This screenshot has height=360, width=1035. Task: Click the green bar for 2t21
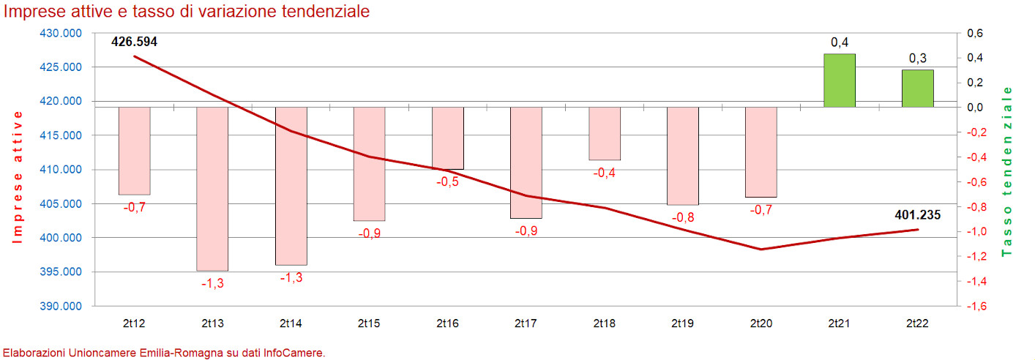click(840, 80)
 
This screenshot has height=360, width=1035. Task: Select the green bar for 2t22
click(917, 89)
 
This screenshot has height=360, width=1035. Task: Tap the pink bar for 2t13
click(213, 189)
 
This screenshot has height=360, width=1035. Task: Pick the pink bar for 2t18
click(605, 133)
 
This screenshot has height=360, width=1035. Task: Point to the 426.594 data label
click(134, 42)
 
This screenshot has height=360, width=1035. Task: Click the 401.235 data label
click(917, 215)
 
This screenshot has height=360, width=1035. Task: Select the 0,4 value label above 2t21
click(840, 42)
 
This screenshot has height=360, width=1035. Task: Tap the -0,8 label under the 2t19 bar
click(683, 217)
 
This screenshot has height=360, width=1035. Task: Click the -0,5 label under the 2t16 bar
click(447, 181)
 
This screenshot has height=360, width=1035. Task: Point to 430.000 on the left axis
click(61, 34)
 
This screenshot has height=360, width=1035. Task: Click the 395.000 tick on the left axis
click(61, 272)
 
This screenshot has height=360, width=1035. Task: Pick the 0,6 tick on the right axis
click(976, 34)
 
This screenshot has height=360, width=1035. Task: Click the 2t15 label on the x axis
click(369, 323)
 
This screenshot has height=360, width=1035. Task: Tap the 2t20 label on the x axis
click(761, 323)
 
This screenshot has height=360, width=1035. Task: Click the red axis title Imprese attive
click(18, 176)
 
